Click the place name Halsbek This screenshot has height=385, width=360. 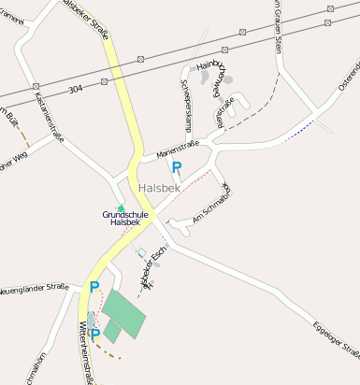point(158,188)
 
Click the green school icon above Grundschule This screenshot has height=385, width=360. point(120,207)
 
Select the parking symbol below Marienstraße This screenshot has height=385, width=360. point(177,168)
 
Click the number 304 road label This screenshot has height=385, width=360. point(76,90)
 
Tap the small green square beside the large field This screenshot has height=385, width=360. point(112,332)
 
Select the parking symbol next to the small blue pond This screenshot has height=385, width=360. point(94,335)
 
